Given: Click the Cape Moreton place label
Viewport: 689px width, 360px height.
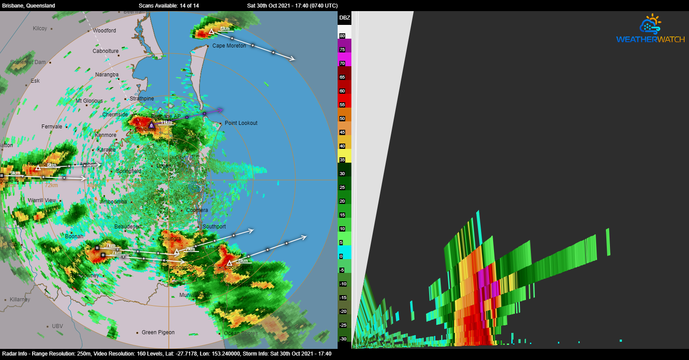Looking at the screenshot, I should click(x=229, y=46).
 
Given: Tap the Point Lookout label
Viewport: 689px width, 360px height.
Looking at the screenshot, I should click(x=241, y=123).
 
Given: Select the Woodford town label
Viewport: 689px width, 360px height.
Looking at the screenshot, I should click(x=104, y=31).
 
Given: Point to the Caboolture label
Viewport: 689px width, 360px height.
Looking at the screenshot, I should click(x=105, y=51).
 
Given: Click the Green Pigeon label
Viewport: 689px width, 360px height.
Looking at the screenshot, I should click(x=158, y=332).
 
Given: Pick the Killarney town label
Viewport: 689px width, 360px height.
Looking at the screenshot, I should click(x=20, y=300).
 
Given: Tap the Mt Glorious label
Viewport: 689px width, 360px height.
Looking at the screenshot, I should click(x=89, y=101).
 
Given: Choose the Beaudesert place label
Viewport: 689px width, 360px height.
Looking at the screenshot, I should click(x=128, y=227).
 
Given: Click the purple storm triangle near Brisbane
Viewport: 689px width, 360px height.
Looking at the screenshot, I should click(x=151, y=125).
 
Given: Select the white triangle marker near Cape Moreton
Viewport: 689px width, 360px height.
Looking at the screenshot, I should click(x=212, y=32).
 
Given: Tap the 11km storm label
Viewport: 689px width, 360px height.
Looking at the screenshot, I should click(x=167, y=123).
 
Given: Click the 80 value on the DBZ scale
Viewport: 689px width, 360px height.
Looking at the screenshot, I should click(x=342, y=36).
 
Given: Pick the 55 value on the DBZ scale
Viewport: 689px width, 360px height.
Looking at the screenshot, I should click(x=342, y=104).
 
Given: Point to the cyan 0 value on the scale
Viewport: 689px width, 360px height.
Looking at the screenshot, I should click(x=341, y=256).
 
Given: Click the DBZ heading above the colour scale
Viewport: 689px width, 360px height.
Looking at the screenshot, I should click(x=344, y=18).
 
